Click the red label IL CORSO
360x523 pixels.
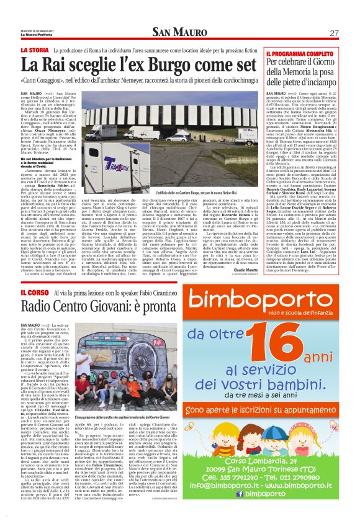click(32, 292)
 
